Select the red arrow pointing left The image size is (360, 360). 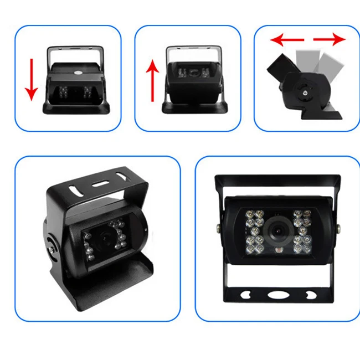pos(287,40)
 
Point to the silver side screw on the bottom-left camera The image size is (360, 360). pos(50,249)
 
